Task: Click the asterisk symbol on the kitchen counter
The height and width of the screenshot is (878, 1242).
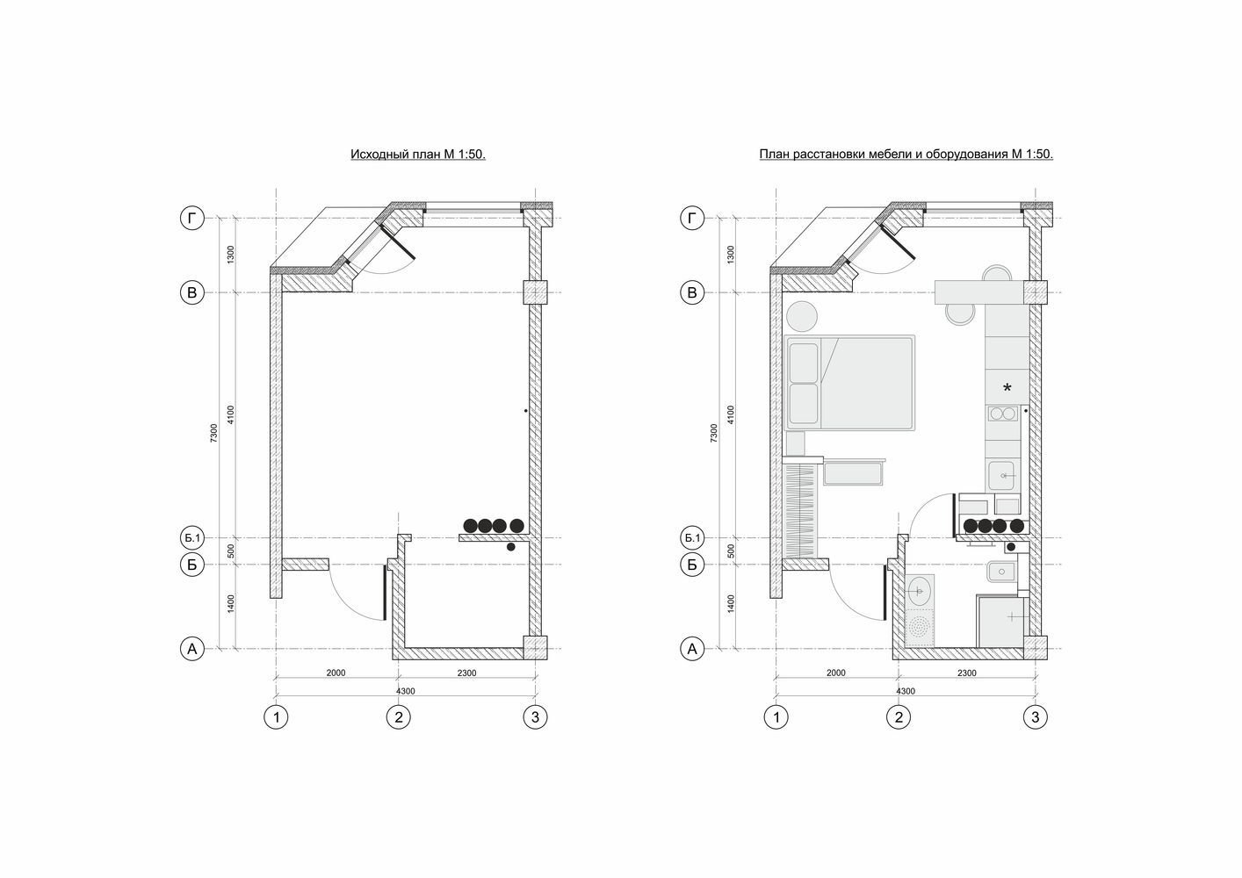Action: (1007, 387)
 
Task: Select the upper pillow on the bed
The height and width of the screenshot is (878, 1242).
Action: (804, 363)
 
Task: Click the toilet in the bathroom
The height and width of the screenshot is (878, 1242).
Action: (1001, 572)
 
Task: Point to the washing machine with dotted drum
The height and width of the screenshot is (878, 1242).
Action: (921, 628)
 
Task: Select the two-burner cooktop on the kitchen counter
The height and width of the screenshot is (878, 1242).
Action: (1002, 414)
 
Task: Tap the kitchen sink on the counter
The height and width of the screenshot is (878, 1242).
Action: (1002, 475)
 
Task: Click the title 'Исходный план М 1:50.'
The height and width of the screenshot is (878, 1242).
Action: (418, 155)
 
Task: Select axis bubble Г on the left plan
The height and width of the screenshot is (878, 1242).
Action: (192, 219)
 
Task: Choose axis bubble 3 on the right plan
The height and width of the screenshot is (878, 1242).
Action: (1035, 717)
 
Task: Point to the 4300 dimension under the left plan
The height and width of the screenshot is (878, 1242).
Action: (405, 691)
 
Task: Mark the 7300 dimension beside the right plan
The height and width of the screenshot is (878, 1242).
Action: (714, 433)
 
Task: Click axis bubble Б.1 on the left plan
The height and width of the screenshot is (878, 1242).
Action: (192, 537)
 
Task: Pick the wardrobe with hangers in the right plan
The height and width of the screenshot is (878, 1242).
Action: (801, 511)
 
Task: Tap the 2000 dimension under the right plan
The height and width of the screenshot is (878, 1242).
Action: (836, 673)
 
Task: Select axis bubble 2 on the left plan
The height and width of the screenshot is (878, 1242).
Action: (398, 717)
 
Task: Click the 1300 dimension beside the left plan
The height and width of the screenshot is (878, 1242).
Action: (231, 255)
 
